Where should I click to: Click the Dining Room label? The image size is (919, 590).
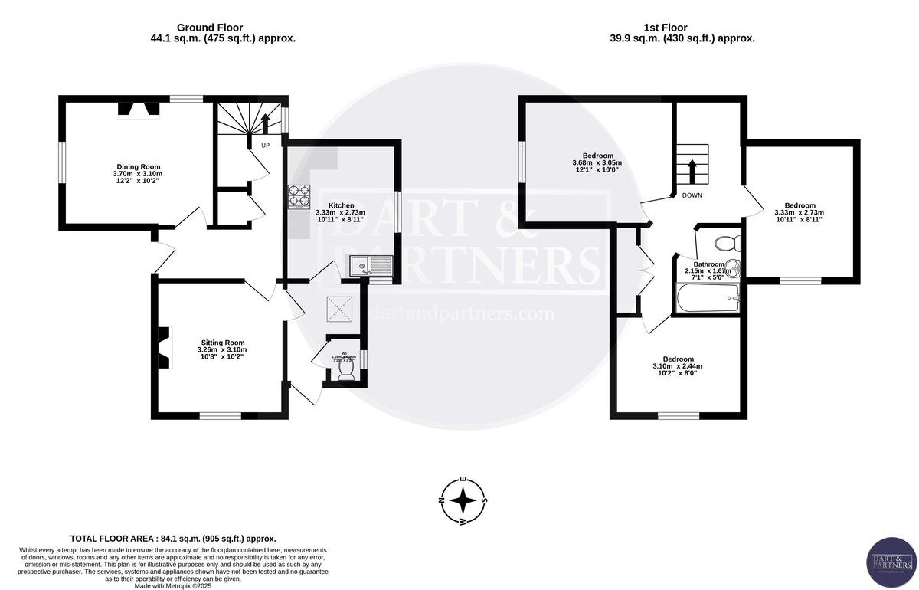(139, 166)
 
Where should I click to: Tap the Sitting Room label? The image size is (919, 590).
(223, 343)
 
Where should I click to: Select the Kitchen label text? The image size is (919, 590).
(341, 205)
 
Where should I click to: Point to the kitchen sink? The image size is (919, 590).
(371, 267)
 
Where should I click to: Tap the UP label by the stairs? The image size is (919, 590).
(265, 145)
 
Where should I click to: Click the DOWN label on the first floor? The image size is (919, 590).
(692, 195)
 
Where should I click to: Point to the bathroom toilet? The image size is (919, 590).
(724, 244)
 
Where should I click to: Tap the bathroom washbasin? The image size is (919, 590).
(733, 268)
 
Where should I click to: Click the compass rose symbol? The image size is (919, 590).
(463, 502)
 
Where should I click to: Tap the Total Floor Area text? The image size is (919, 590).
(173, 539)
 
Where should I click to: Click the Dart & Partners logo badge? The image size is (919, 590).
(889, 562)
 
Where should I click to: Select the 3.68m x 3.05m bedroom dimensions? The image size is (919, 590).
(597, 162)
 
